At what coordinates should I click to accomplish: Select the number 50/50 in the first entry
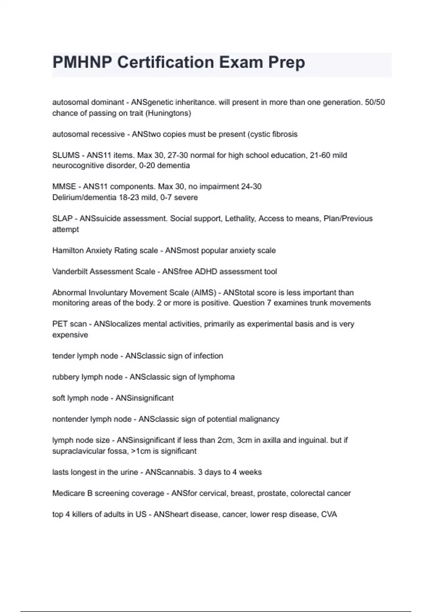(x=375, y=102)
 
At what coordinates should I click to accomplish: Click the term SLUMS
(x=66, y=155)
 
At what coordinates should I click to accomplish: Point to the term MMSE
(x=64, y=186)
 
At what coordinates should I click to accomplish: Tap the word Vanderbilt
(x=69, y=271)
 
